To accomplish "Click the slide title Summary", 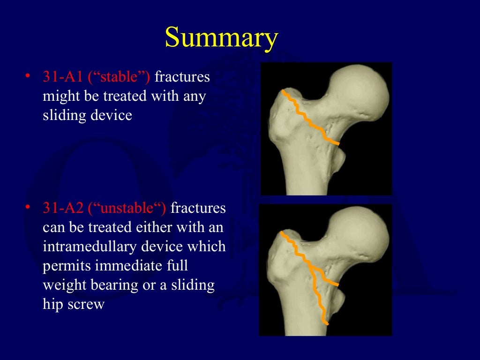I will pyautogui.click(x=221, y=38).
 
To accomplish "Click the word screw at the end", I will pyautogui.click(x=87, y=305).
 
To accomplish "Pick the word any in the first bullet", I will pyautogui.click(x=195, y=96).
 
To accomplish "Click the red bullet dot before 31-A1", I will pyautogui.click(x=28, y=75).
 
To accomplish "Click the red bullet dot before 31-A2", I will pyautogui.click(x=28, y=206).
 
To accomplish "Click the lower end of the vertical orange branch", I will pyautogui.click(x=326, y=322).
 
